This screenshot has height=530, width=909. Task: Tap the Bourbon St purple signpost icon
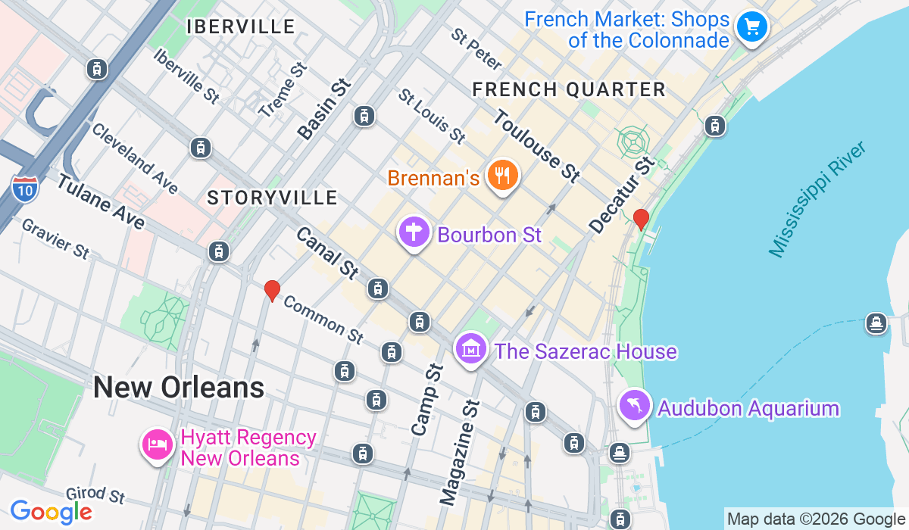414,232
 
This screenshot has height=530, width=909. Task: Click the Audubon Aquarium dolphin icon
635,407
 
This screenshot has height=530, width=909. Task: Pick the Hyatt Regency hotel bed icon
157,442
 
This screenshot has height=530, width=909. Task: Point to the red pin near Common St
272,290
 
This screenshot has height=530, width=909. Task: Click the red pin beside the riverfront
641,219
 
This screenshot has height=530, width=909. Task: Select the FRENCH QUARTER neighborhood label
569,90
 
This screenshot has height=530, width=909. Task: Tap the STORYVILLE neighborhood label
272,198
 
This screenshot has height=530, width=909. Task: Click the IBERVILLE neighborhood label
241,27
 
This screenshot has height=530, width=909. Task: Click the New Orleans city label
179,388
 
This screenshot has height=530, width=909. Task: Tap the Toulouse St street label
536,145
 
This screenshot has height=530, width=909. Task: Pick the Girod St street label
95,495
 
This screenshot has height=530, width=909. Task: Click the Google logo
51,513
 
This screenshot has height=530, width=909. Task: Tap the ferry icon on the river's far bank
876,323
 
